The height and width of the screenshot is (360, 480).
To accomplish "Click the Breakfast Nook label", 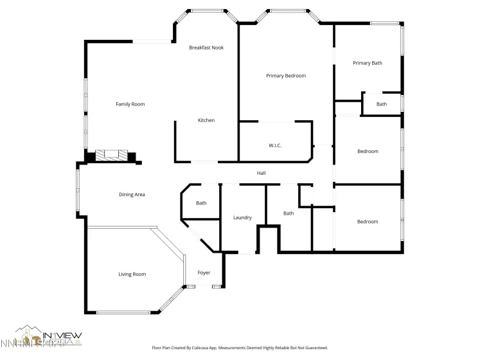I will click(206, 48).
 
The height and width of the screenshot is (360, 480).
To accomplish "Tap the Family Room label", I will click(130, 104).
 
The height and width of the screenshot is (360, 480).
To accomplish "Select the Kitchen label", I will click(206, 121).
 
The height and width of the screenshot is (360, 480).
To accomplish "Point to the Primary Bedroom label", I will click(286, 76).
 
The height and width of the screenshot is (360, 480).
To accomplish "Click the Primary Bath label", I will click(367, 63).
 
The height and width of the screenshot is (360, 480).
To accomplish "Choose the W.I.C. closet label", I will click(275, 146).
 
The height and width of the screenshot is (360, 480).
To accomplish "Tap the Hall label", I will click(261, 173).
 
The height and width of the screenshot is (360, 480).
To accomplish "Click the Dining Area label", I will click(131, 194).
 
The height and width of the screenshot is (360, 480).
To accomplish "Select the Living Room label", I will click(132, 274).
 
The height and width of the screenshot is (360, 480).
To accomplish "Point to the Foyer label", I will click(204, 273).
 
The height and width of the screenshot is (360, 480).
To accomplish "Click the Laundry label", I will click(242, 218).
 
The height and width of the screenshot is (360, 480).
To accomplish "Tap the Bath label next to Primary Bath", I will click(382, 104).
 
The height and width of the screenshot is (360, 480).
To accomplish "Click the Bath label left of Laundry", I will click(201, 203).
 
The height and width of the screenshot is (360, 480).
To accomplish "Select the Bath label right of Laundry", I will click(289, 213).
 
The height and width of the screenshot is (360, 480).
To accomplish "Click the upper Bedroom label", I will click(368, 152).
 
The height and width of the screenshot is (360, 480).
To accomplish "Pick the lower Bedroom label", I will click(368, 222).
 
